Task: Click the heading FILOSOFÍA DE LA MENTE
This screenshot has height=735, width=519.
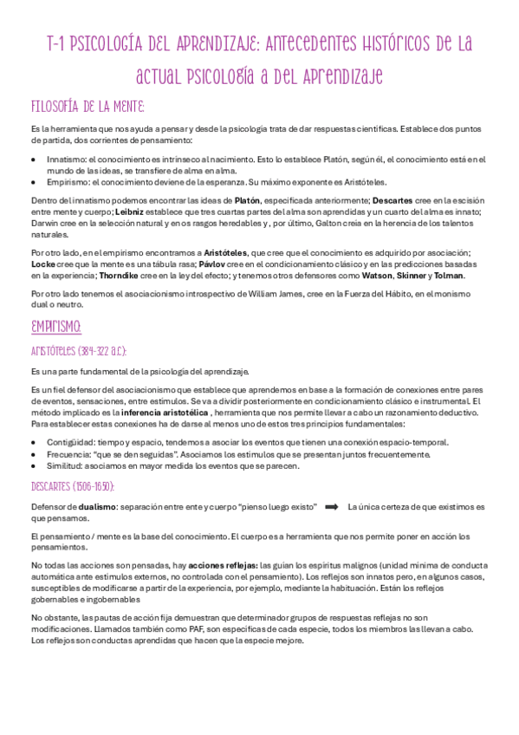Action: click(x=87, y=107)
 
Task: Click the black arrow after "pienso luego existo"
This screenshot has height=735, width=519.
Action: click(x=332, y=506)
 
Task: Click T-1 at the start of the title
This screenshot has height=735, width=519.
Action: click(x=58, y=45)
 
